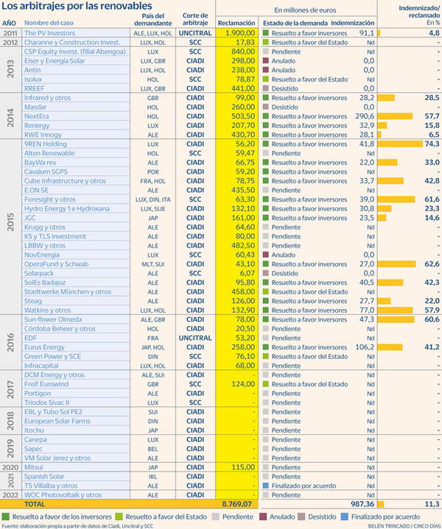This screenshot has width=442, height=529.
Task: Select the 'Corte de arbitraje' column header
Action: click(x=195, y=20)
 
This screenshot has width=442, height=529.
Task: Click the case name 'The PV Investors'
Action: click(x=51, y=33)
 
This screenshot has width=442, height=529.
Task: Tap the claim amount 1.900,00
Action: click(x=238, y=33)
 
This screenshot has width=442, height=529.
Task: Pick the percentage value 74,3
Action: click(x=430, y=144)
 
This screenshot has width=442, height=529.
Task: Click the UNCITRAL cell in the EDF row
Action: click(x=195, y=338)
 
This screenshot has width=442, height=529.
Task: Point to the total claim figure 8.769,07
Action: click(x=237, y=505)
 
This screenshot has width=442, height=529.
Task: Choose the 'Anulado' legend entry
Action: click(x=276, y=517)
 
